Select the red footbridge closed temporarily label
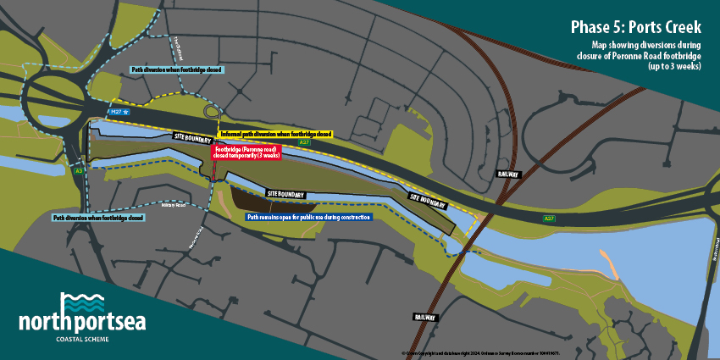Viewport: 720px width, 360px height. coord(247,152)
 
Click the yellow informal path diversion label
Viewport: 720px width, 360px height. coord(275,133)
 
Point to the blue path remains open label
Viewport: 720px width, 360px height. coord(309,217)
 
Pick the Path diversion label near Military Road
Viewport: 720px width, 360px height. coord(97,218)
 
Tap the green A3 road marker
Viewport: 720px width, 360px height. coord(79,171)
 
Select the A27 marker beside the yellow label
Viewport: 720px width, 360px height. coord(304,142)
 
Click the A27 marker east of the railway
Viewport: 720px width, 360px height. coord(550,219)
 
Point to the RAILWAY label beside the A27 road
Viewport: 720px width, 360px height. coord(508,174)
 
